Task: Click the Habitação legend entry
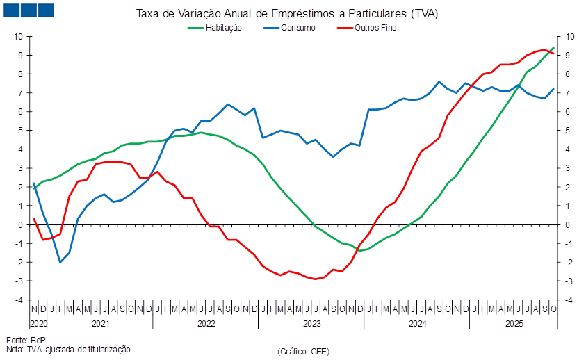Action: (222, 28)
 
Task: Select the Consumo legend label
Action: (298, 28)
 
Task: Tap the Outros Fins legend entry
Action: (375, 28)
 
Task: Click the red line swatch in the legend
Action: (344, 28)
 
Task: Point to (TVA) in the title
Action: (425, 13)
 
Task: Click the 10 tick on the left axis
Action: (19, 36)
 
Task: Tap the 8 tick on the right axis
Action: (569, 74)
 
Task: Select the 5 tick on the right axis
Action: (569, 130)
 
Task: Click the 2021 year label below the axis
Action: (101, 324)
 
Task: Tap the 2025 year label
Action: (514, 324)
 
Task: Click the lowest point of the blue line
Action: (60, 262)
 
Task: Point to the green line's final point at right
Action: (554, 47)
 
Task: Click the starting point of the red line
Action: (33, 218)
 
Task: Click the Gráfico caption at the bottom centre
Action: (303, 351)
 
